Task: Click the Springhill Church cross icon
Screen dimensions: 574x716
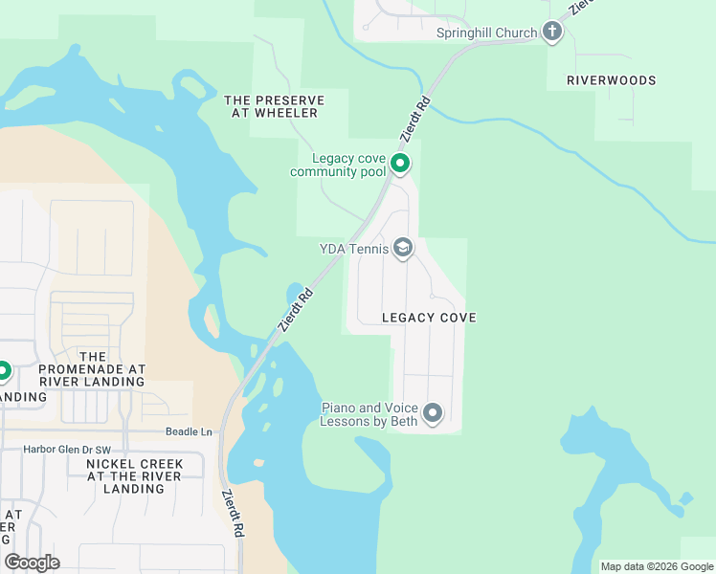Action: point(551,33)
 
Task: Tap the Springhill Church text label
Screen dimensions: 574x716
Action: point(486,33)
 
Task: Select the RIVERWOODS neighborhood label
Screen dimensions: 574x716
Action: point(611,80)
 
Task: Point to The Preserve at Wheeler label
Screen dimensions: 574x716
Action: point(274,106)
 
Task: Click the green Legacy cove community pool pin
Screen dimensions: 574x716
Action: point(400,166)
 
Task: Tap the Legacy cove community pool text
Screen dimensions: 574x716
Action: point(338,165)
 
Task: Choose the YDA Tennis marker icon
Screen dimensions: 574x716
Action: point(403,249)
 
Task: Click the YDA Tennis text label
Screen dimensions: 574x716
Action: point(354,249)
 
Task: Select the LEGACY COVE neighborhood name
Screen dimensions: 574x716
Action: point(429,317)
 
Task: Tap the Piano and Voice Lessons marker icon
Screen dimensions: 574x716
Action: point(433,413)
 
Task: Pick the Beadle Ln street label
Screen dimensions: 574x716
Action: point(188,431)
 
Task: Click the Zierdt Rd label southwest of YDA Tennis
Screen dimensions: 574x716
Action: point(295,310)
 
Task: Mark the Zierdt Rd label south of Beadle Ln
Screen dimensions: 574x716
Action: point(232,514)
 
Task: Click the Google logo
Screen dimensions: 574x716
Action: point(32,563)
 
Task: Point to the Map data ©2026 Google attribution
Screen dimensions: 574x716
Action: point(656,566)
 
